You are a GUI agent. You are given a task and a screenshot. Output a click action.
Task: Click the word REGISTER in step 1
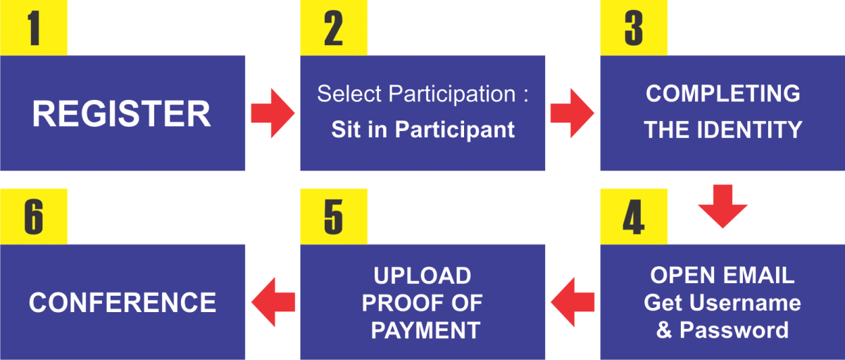coord(121,113)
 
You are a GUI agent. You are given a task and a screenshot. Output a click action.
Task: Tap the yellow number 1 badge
coord(34,28)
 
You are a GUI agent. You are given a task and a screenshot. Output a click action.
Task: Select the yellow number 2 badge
coord(334,28)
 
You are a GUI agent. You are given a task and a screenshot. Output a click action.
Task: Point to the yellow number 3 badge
coord(634,28)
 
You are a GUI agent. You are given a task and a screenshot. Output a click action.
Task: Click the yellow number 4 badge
coord(634,216)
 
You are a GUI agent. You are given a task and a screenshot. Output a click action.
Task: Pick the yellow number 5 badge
coord(334,216)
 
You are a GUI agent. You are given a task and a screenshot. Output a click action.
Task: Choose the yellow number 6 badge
coord(34,216)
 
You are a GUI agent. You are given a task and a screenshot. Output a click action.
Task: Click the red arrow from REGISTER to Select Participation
coord(273,113)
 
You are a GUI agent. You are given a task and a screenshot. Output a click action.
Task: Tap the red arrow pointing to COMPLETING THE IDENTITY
coord(572,113)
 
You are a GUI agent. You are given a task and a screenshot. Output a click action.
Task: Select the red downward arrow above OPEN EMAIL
coord(722,206)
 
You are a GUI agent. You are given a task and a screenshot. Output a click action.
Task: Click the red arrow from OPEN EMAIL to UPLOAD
coord(572,302)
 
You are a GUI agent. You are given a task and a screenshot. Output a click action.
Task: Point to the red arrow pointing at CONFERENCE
coord(273,302)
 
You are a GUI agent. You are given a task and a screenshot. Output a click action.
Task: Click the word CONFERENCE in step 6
coord(123,303)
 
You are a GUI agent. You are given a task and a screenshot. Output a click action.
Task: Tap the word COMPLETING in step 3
coord(722,93)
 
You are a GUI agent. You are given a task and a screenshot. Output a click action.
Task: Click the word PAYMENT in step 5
coord(425,330)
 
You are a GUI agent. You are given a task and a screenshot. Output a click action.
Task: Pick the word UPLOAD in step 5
coord(423,275)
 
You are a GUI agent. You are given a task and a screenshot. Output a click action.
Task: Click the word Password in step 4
coord(734,330)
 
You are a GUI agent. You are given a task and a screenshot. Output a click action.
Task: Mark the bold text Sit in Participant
coord(423,130)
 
